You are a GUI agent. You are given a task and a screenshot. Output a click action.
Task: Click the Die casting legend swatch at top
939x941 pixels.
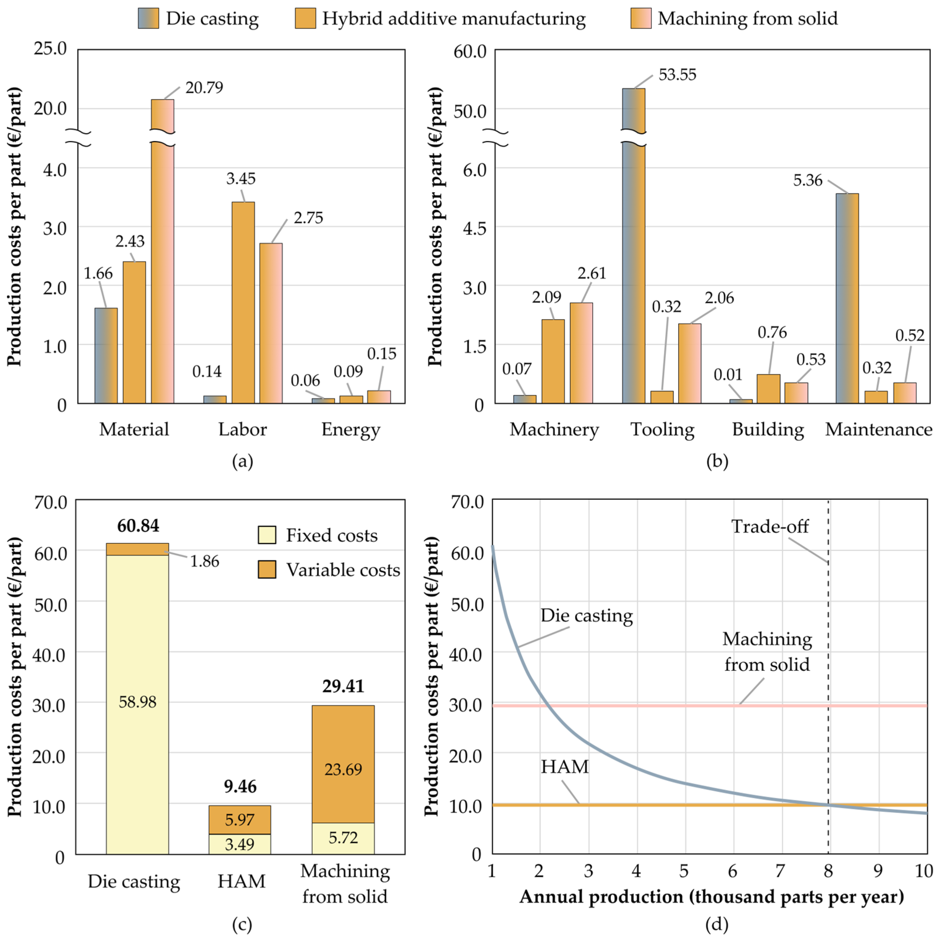[148, 19]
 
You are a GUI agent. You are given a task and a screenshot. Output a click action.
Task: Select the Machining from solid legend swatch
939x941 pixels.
[641, 19]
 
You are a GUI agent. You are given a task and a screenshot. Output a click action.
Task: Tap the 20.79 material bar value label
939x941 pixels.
[204, 88]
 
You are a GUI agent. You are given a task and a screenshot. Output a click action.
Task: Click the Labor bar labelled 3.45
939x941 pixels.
[243, 302]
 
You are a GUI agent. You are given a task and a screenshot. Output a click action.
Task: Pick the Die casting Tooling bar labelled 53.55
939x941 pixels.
[633, 246]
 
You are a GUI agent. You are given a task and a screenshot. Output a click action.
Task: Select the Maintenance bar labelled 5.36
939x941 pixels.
[847, 299]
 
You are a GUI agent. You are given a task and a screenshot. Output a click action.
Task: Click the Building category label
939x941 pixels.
[768, 429]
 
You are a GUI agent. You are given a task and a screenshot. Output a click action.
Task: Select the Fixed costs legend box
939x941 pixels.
[267, 535]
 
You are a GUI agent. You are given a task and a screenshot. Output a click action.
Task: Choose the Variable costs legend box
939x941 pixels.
[267, 569]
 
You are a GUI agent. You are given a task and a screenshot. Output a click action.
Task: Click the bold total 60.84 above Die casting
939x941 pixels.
[138, 525]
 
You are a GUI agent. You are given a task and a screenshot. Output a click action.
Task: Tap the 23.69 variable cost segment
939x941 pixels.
[343, 769]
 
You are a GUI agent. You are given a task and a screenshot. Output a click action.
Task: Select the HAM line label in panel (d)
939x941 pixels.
[565, 767]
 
